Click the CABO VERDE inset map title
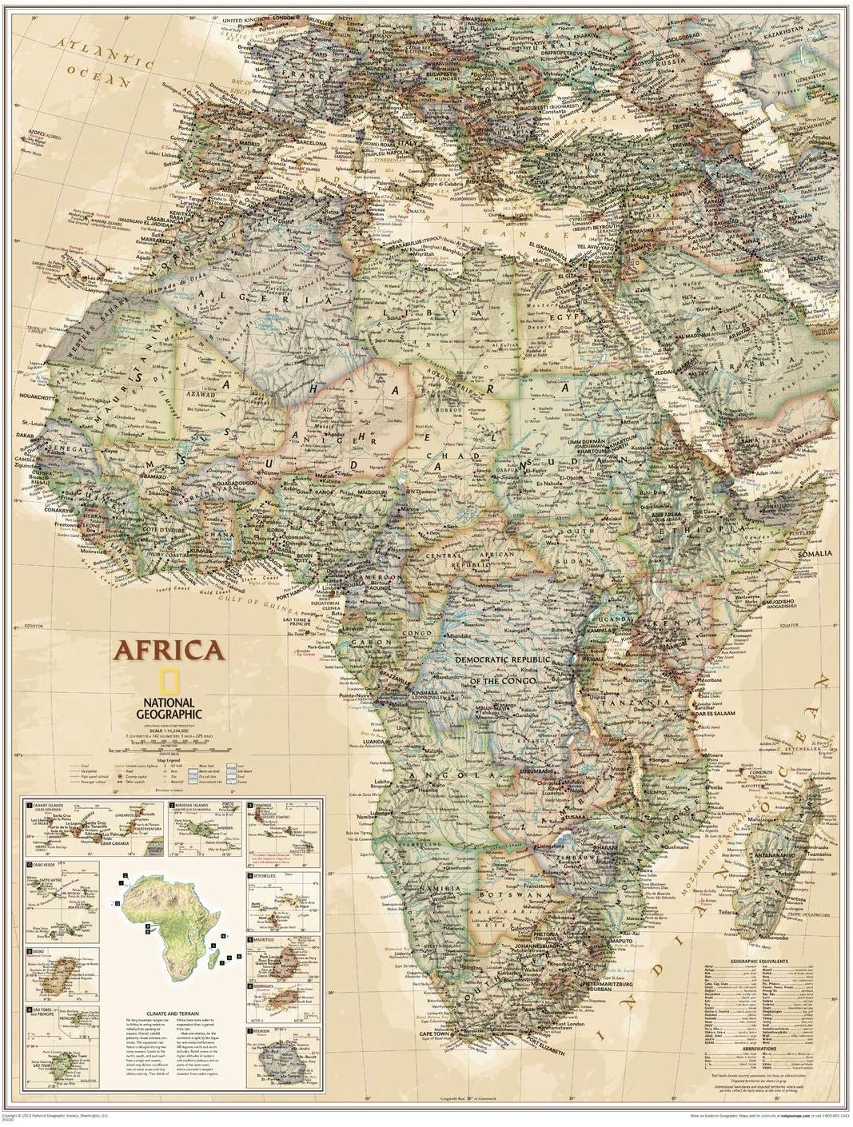click(x=46, y=866)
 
